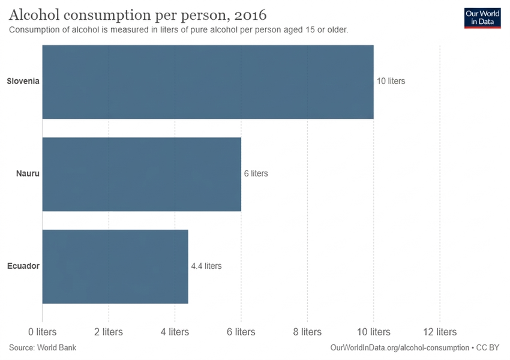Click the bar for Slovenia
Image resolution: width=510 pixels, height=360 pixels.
208,82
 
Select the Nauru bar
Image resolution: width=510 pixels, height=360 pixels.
142,175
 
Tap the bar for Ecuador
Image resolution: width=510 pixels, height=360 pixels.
115,266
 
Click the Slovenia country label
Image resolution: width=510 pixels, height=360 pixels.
23,81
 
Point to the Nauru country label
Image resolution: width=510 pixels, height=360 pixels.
28,173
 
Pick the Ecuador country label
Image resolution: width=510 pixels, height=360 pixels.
23,266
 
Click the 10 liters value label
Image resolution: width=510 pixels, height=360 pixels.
391,81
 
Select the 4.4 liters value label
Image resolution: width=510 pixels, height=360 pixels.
206,266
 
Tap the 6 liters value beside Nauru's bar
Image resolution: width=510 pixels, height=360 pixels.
256,173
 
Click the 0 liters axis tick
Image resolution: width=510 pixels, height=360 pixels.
42,332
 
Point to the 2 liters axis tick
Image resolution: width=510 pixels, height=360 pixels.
109,332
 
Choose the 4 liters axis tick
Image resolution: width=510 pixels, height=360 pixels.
175,332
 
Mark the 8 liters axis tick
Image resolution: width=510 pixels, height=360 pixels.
307,332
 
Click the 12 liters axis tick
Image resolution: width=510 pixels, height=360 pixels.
440,332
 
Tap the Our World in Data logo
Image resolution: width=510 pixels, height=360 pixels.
482,18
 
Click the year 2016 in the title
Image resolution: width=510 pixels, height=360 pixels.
250,15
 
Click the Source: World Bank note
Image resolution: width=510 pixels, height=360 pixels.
43,347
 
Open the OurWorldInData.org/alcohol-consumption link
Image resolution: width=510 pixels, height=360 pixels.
400,347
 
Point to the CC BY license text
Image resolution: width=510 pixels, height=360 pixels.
488,347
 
